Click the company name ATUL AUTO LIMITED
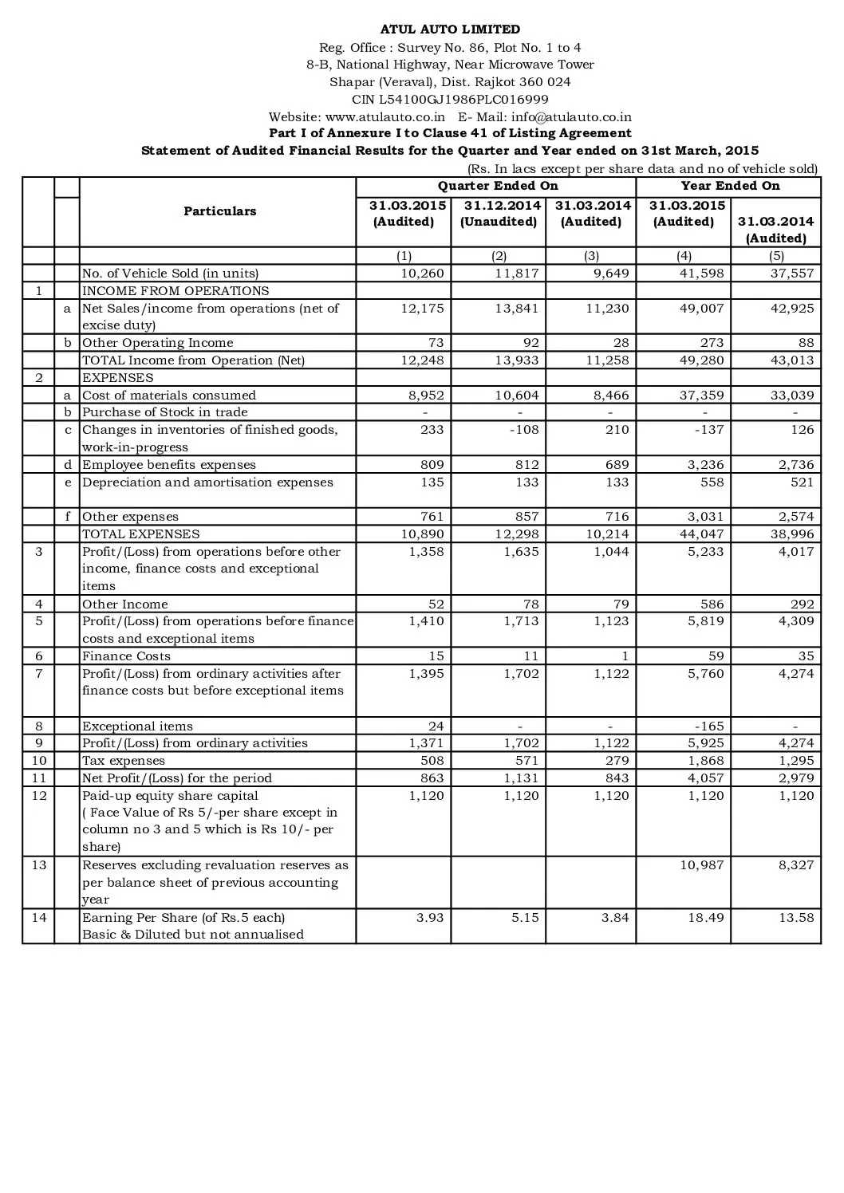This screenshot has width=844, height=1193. (x=450, y=30)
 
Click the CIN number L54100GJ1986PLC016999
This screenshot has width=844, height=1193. (x=450, y=100)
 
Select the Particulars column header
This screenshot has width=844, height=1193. (x=219, y=211)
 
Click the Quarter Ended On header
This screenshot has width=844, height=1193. (x=498, y=186)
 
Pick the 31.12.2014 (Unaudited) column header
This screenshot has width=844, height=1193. (x=499, y=214)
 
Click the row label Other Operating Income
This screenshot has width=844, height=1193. (x=158, y=343)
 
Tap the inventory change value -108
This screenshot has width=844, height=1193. (x=523, y=430)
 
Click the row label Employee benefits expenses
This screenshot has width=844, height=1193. (x=169, y=465)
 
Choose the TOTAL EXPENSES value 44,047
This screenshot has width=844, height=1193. (x=702, y=534)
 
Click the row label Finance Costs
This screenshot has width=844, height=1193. (x=126, y=656)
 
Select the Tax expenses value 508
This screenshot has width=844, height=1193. (x=432, y=761)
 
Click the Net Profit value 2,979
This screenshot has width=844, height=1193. (x=796, y=778)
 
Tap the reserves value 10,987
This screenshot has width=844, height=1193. (x=702, y=865)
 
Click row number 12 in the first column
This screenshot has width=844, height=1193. (x=39, y=796)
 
